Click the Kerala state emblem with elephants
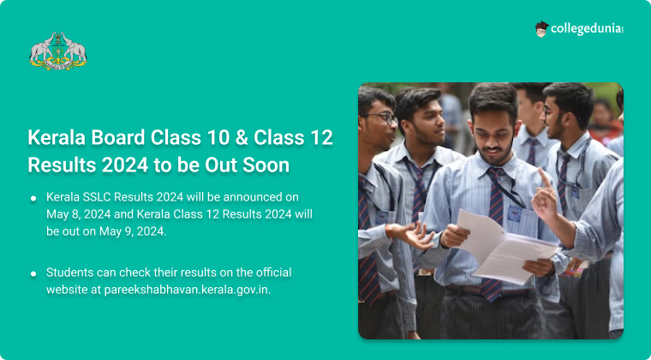pos(57,51)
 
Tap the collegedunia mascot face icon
pos(542,29)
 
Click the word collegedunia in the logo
pos(587,29)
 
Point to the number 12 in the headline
pos(321,138)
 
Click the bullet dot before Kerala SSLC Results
pos(33,198)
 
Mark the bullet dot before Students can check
pos(33,274)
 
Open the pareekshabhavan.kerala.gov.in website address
pos(188,291)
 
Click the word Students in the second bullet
pos(69,273)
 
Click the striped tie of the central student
pos(494,232)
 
